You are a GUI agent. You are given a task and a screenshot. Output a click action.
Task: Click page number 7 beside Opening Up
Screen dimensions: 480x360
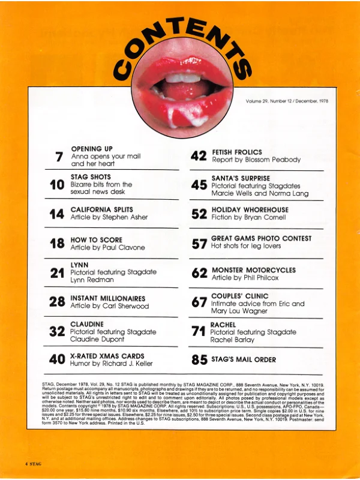[x=59, y=157]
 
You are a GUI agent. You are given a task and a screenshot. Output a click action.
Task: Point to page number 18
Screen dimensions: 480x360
[x=58, y=244]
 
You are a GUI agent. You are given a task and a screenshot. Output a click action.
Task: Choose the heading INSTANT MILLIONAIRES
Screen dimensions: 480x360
[x=107, y=298]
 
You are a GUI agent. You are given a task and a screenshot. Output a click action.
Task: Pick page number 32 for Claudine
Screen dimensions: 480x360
[x=58, y=331]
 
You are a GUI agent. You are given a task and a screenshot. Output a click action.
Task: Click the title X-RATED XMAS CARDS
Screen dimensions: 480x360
[x=107, y=356]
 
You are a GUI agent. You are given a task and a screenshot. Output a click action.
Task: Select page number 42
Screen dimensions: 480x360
[x=199, y=157]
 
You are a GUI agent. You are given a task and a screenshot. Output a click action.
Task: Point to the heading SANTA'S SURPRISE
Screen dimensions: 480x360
[x=241, y=179]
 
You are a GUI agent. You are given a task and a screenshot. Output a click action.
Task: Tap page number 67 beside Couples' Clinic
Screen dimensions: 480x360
[x=199, y=302]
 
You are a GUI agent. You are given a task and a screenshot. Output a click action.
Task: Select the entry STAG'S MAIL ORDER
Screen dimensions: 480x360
[x=242, y=360]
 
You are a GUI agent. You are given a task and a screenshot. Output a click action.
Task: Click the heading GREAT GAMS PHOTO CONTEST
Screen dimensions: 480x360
[x=261, y=239]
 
